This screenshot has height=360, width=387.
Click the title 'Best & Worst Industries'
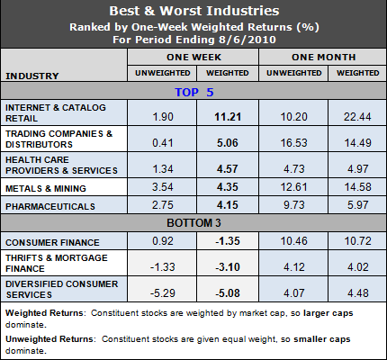point(193,12)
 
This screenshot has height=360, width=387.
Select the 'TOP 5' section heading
point(193,91)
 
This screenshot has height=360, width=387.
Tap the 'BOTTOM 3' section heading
point(193,222)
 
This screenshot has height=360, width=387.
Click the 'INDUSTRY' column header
point(33,76)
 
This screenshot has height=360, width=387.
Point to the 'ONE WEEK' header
point(192,56)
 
